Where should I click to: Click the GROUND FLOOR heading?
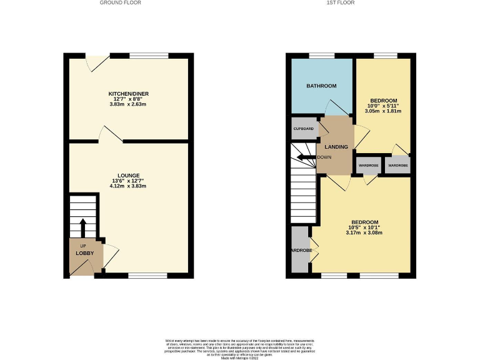point(120,2)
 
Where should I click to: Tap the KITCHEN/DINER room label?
point(129,94)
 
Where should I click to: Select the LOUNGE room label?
point(129,175)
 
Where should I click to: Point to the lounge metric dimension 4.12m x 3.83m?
point(129,186)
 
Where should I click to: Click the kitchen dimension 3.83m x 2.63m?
point(129,104)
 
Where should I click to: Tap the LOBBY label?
point(84,253)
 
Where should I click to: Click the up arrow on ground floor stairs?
point(82,226)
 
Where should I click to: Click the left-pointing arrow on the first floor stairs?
point(306,157)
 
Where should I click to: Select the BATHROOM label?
point(321,86)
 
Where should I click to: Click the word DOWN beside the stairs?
point(324,157)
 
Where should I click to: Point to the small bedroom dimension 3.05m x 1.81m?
point(383,111)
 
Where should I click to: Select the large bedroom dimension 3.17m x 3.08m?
point(364,233)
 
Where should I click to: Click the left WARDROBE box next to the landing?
point(367,166)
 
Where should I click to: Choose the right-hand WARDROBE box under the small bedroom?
point(398,166)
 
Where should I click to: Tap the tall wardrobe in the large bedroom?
point(301,250)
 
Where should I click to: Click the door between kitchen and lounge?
point(111,133)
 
